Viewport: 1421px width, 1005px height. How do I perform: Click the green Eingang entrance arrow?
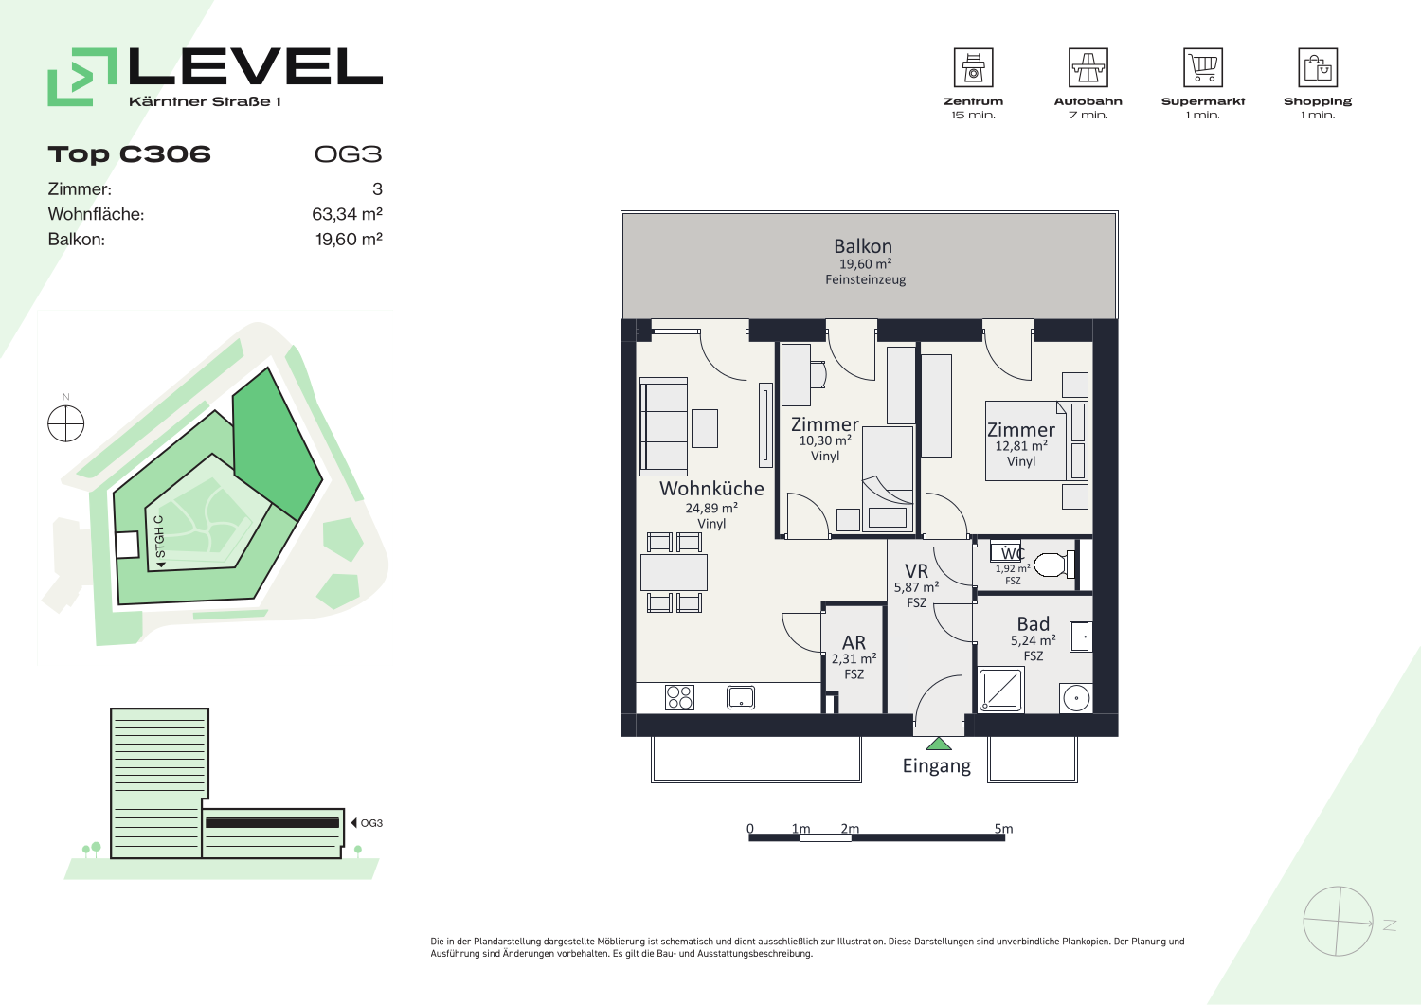(x=938, y=744)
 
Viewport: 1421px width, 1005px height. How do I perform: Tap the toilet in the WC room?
(x=1053, y=564)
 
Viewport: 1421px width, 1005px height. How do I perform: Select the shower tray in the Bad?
(x=1000, y=690)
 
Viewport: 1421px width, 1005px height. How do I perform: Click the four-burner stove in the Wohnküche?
(x=679, y=697)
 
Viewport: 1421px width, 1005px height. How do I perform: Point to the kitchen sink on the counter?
(x=740, y=697)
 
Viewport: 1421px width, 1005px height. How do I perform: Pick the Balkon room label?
(x=863, y=246)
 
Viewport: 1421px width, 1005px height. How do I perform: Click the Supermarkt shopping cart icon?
(x=1203, y=67)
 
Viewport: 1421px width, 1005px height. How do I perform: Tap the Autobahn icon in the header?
(x=1088, y=67)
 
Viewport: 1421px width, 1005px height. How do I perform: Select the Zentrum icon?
(x=973, y=67)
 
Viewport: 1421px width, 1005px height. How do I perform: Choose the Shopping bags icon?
(x=1318, y=67)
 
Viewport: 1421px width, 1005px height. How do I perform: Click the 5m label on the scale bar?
(x=1003, y=829)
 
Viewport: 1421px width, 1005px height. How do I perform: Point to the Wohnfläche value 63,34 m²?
(x=347, y=214)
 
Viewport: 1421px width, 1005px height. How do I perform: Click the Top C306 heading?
(x=130, y=154)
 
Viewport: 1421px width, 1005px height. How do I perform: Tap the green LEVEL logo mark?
(x=82, y=77)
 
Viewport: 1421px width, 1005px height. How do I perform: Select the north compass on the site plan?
(x=66, y=423)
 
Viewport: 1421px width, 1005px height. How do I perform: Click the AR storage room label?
(x=854, y=642)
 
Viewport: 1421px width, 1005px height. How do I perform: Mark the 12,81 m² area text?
(x=1021, y=446)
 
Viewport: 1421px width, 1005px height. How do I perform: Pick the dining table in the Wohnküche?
(x=674, y=572)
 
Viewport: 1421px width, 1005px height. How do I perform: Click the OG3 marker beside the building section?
(x=367, y=823)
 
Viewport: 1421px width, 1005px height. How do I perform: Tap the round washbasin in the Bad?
(x=1076, y=698)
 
